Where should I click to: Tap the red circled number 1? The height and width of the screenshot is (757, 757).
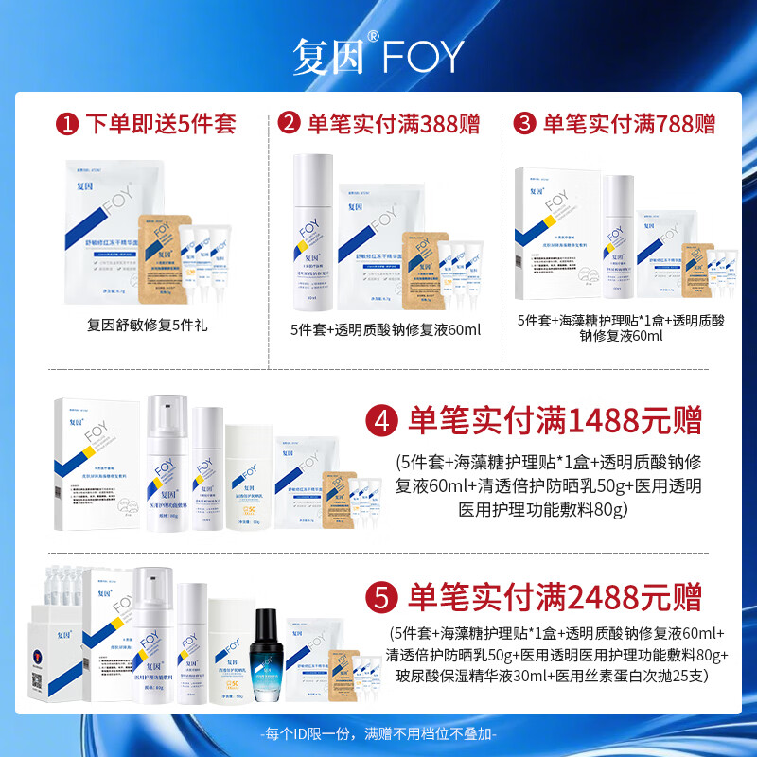click(66, 124)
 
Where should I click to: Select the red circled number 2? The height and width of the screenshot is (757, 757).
click(290, 124)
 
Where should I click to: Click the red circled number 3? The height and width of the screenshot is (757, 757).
click(523, 124)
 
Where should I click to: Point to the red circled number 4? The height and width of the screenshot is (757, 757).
click(381, 420)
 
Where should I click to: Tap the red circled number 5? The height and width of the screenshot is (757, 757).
click(381, 598)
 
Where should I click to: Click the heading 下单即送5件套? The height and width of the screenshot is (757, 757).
click(160, 124)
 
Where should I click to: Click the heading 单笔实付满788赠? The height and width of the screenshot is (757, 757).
click(627, 124)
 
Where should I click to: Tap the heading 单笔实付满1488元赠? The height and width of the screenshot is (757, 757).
click(554, 420)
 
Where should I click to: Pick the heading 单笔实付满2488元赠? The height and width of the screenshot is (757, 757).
click(554, 598)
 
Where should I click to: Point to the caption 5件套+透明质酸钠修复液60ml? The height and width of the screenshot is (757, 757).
click(386, 329)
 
